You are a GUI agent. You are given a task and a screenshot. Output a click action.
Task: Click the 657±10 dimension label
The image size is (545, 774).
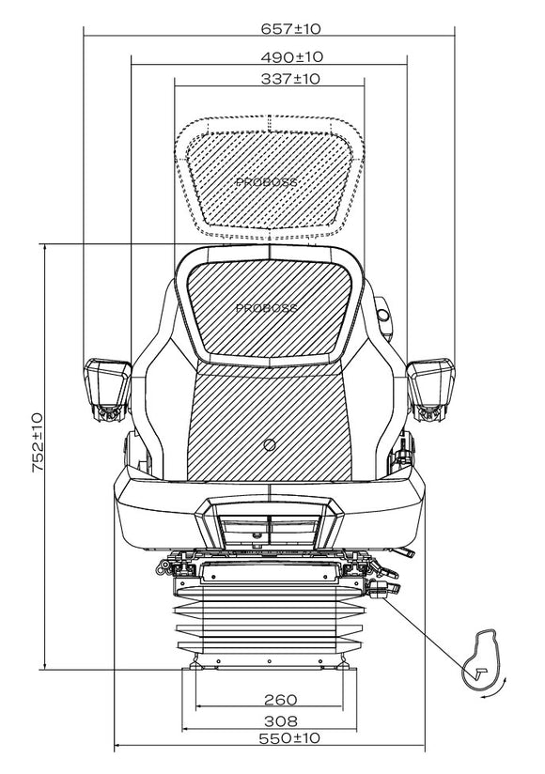pyautogui.click(x=290, y=28)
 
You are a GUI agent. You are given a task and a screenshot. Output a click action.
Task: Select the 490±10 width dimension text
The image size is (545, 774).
pyautogui.click(x=291, y=57)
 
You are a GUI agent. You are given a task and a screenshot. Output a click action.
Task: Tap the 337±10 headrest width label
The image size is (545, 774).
pyautogui.click(x=290, y=79)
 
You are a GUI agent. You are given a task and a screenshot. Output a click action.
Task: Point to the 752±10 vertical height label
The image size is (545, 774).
pyautogui.click(x=38, y=442)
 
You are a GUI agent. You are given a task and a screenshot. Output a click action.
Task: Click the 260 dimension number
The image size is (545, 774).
pyautogui.click(x=280, y=700)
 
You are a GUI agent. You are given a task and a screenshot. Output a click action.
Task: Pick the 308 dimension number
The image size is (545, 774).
pyautogui.click(x=280, y=721)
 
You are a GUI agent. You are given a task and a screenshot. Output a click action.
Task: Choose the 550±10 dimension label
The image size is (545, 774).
pyautogui.click(x=289, y=738)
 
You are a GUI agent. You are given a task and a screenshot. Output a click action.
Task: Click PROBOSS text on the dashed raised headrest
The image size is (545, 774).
pyautogui.click(x=267, y=182)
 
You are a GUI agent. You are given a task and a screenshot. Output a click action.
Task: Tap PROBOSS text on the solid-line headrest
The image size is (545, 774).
pyautogui.click(x=267, y=308)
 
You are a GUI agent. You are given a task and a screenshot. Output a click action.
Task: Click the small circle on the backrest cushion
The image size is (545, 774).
pyautogui.click(x=270, y=444)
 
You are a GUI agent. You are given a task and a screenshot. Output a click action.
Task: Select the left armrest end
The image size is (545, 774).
pyautogui.click(x=108, y=389)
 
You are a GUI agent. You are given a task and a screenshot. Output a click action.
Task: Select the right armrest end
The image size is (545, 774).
pyautogui.click(x=430, y=389)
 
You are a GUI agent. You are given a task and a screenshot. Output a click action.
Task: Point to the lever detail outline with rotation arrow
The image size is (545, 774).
pyautogui.click(x=480, y=659)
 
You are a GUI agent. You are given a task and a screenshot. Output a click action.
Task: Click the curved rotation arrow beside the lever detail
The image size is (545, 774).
pyautogui.click(x=496, y=689)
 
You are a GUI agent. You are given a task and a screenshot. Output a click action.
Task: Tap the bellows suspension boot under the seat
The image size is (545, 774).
pyautogui.click(x=269, y=621)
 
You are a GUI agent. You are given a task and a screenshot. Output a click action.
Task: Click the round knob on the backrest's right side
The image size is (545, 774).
pyautogui.click(x=382, y=315)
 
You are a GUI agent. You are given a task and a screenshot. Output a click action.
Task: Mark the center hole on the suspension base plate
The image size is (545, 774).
pyautogui.click(x=269, y=661)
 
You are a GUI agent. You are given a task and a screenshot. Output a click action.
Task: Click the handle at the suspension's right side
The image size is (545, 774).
pyautogui.click(x=384, y=588)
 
